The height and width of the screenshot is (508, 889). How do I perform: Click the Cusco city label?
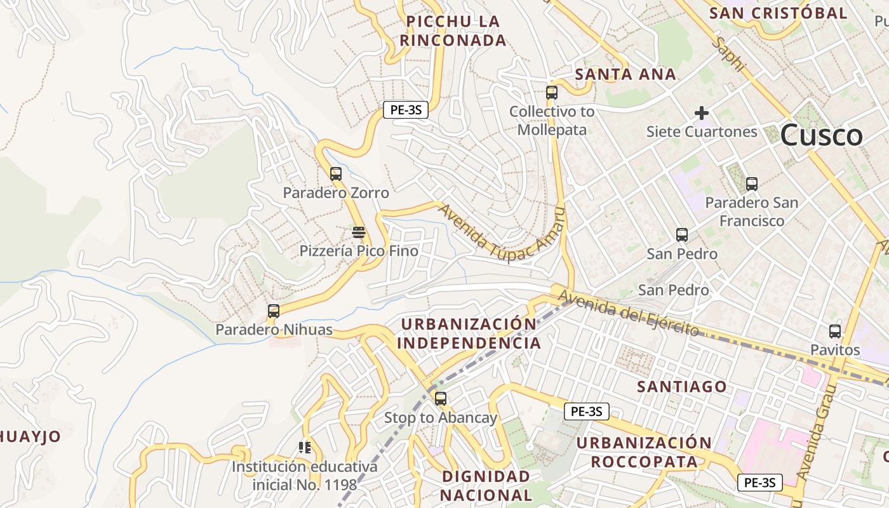[821, 135]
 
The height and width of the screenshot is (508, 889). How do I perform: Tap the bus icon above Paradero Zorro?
[336, 173]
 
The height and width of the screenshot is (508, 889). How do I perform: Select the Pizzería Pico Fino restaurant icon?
[359, 232]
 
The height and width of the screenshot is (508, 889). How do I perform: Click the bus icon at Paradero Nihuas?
[274, 311]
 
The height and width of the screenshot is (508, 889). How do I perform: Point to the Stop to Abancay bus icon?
[441, 399]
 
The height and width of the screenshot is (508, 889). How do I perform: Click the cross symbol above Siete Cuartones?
[702, 113]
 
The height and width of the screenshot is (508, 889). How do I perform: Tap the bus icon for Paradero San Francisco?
[752, 184]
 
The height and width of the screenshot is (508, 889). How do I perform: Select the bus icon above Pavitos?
[835, 331]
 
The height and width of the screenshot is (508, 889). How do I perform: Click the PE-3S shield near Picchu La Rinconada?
[406, 109]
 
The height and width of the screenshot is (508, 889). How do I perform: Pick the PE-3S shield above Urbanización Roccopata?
[586, 411]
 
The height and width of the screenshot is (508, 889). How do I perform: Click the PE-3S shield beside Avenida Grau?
[760, 483]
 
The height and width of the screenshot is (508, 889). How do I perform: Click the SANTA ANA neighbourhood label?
[625, 74]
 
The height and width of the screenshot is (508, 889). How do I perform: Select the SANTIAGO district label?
[682, 386]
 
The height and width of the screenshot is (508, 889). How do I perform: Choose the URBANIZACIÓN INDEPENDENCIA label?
[469, 333]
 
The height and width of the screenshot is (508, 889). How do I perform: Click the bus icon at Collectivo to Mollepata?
[552, 93]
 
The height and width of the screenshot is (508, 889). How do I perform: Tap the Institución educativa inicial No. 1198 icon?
[305, 448]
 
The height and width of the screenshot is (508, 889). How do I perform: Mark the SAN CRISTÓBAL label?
[778, 13]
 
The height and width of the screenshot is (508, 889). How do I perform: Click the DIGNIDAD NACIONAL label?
[486, 485]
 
